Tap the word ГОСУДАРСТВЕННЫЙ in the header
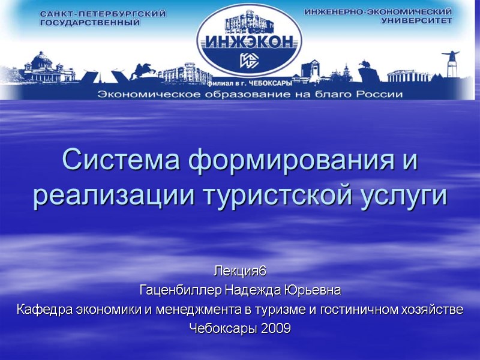coord(89,23)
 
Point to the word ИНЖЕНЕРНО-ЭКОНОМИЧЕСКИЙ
coord(378,11)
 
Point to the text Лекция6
coord(240,273)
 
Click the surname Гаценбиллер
coord(181,292)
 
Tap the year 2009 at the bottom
coord(275,329)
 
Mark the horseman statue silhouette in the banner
coord(143,71)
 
